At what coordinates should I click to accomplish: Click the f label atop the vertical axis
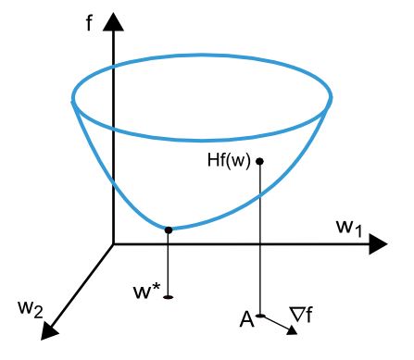click(x=90, y=19)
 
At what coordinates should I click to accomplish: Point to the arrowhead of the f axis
click(x=113, y=20)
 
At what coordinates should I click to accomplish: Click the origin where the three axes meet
click(x=113, y=244)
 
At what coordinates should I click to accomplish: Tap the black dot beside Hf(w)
click(x=260, y=161)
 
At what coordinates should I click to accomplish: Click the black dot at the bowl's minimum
click(x=168, y=230)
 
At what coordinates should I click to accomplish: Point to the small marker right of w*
click(x=168, y=297)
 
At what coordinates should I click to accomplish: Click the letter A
click(x=246, y=320)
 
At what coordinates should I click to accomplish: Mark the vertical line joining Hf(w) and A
click(x=260, y=241)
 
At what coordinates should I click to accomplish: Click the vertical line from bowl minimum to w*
click(x=168, y=264)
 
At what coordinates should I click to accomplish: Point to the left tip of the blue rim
click(x=73, y=95)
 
